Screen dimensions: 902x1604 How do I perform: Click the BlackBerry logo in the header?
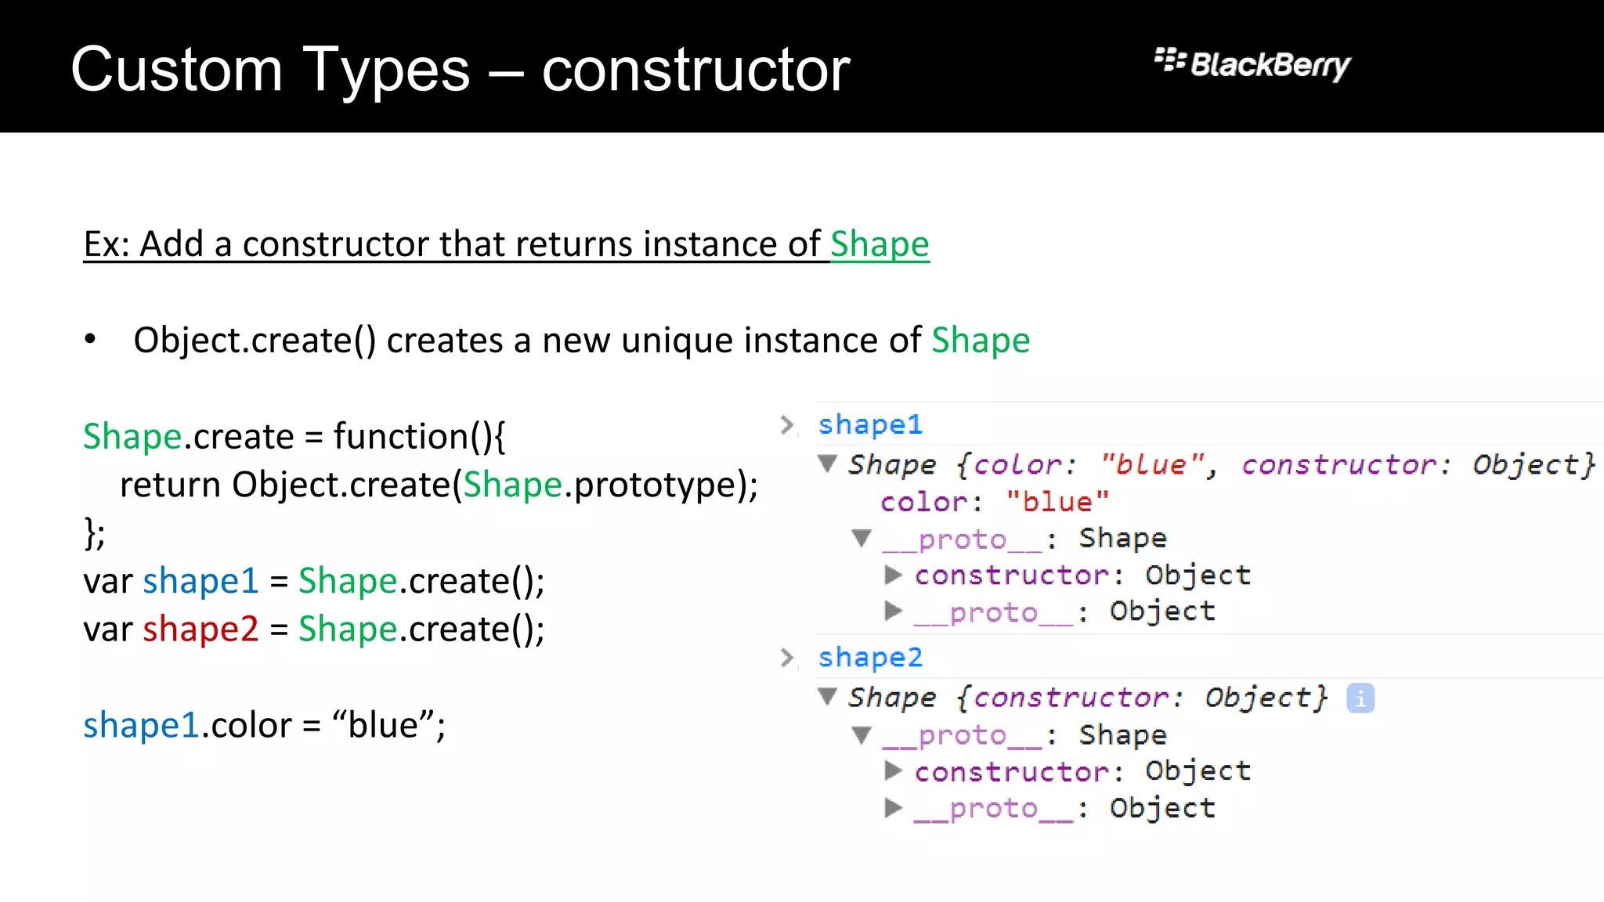coord(1252,64)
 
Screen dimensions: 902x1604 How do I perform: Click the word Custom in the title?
coord(176,70)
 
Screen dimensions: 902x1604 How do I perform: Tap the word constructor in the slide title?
coord(695,70)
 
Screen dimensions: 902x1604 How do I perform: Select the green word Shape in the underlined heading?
coord(880,244)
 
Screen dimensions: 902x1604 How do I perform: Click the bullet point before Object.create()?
coord(91,340)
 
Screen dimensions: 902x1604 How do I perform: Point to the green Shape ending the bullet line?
coord(981,341)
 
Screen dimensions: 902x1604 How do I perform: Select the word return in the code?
coord(170,485)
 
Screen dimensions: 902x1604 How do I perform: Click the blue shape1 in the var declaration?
coord(200,581)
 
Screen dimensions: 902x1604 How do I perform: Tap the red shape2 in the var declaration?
coord(200,630)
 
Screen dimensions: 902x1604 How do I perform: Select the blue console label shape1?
coord(870,424)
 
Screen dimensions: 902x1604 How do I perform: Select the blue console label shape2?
coord(870,657)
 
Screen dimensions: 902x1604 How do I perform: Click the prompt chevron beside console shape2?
coord(787,657)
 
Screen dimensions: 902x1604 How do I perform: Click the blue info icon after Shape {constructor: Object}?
coord(1360,698)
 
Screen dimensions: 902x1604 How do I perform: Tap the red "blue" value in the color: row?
coord(1057,502)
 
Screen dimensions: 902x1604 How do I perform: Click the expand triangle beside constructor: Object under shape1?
coord(893,575)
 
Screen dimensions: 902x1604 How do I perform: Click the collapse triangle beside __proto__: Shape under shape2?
coord(862,735)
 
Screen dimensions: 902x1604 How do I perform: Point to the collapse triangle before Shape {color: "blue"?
coord(828,464)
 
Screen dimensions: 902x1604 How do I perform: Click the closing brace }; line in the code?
coord(94,533)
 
